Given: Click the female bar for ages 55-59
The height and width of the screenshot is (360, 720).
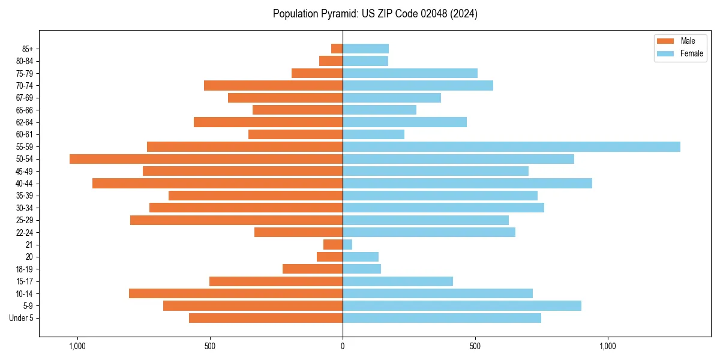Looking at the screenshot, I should pyautogui.click(x=511, y=146).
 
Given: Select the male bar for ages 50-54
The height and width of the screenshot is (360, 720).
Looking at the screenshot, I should pyautogui.click(x=206, y=159).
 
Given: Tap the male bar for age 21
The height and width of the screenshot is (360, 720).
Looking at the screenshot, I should pyautogui.click(x=333, y=245).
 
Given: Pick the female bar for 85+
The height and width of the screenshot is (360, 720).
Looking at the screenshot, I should pyautogui.click(x=365, y=49).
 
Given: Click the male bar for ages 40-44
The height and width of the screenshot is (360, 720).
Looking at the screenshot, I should pyautogui.click(x=217, y=184).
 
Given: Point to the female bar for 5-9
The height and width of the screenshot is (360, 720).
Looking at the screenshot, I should pyautogui.click(x=461, y=306).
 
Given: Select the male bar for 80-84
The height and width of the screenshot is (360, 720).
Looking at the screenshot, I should pyautogui.click(x=331, y=61).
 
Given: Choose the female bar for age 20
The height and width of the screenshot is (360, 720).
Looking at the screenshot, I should pyautogui.click(x=361, y=257).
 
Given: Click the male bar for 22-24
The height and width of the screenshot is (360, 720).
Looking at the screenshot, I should pyautogui.click(x=298, y=232).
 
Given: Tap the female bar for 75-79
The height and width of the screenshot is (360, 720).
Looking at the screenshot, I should pyautogui.click(x=410, y=73).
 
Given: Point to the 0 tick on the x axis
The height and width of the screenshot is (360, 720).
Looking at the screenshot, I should pyautogui.click(x=343, y=346).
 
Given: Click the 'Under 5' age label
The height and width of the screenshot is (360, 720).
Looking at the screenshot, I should pyautogui.click(x=22, y=318).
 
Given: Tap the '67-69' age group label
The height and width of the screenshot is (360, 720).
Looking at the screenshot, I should pyautogui.click(x=25, y=98).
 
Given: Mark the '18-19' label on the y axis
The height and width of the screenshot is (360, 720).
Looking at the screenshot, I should pyautogui.click(x=25, y=269).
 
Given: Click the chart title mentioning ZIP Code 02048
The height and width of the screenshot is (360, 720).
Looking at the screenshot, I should pyautogui.click(x=375, y=14).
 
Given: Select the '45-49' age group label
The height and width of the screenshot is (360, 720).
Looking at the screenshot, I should pyautogui.click(x=25, y=171).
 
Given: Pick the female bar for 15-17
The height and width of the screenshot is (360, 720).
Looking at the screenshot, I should pyautogui.click(x=397, y=281).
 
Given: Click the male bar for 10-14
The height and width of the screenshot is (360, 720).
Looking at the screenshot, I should pyautogui.click(x=236, y=293).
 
